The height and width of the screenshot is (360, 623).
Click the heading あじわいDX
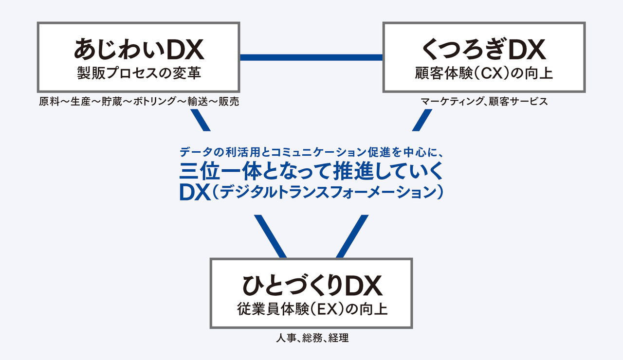coord(139,49)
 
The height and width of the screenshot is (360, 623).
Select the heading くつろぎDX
coord(484,49)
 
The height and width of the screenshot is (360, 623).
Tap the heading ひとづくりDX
coord(311,286)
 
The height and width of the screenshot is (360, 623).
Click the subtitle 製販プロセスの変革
coord(139,73)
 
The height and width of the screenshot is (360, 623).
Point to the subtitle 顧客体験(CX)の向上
coord(484,73)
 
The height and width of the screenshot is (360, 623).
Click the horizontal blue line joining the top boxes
coord(311,57)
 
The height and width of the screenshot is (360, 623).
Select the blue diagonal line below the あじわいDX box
coord(200,120)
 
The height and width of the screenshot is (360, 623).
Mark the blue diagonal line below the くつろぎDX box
coord(421,120)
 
